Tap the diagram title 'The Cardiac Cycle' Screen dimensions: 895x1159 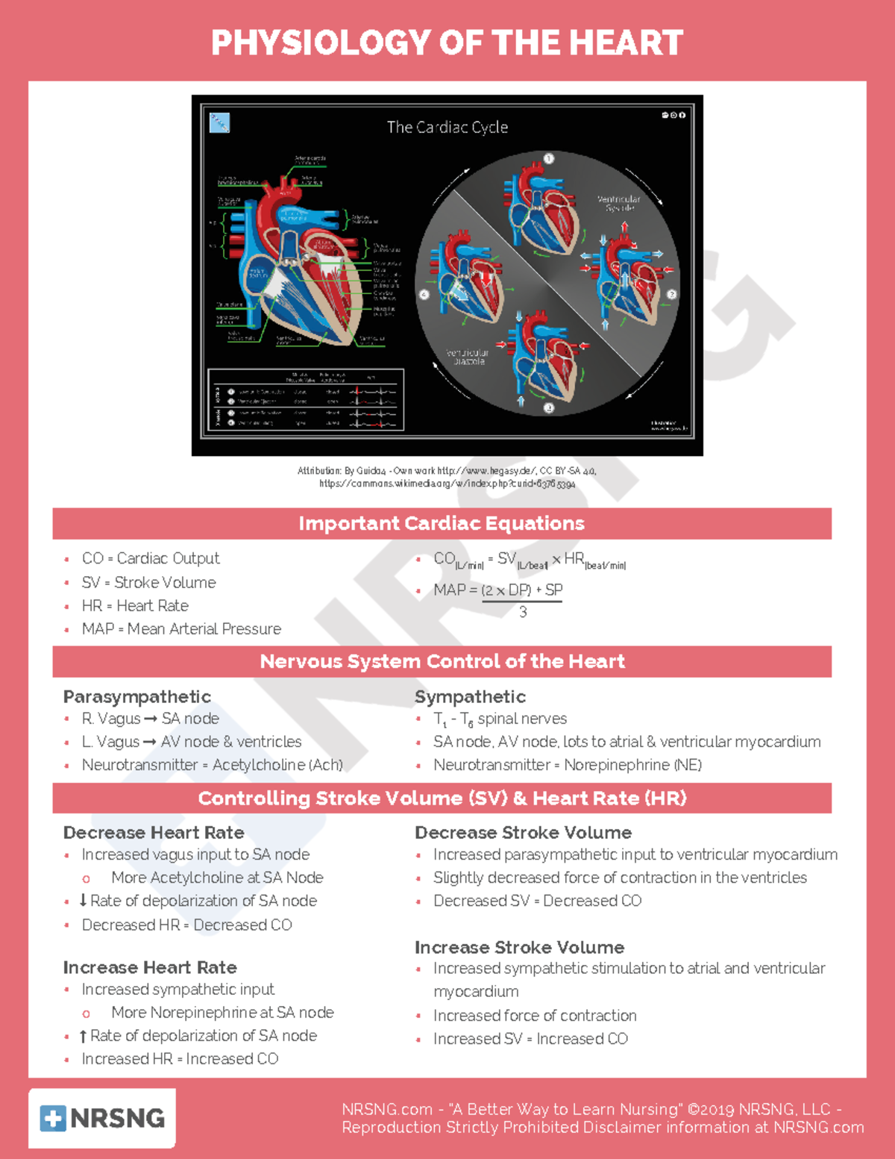[x=447, y=128]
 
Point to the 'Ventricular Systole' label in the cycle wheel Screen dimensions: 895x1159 [x=618, y=203]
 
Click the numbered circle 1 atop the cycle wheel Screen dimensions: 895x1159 [x=548, y=158]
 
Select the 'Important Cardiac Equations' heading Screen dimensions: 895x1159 [x=442, y=523]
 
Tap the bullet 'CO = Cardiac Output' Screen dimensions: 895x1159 [x=151, y=558]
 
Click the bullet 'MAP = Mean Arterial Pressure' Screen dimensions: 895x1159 [x=181, y=629]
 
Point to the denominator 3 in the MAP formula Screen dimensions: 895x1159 [x=523, y=612]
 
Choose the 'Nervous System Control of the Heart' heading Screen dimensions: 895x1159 [x=442, y=661]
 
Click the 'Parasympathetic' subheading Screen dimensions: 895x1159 [x=137, y=696]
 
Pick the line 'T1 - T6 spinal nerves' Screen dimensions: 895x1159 [x=500, y=719]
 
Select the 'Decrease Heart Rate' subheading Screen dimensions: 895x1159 [x=154, y=832]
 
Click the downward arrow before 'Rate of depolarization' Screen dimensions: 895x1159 [x=83, y=901]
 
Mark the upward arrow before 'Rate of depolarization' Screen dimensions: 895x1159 [x=83, y=1036]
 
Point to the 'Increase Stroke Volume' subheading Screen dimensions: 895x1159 [x=519, y=947]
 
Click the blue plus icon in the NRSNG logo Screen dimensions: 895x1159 [x=53, y=1118]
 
